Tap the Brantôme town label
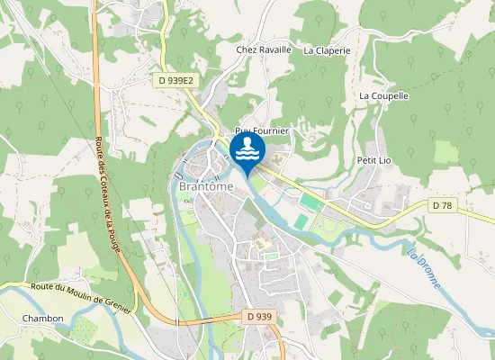click(206, 185)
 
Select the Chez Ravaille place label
click(264, 49)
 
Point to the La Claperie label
click(327, 50)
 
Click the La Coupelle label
click(384, 95)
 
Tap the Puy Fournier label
click(262, 131)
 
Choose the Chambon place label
click(43, 319)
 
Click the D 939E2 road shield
click(172, 80)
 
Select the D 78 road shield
click(441, 206)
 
